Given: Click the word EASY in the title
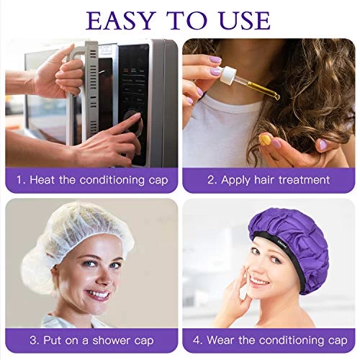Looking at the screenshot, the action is tap(120, 20).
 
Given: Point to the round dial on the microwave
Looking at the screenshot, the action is tap(132, 122).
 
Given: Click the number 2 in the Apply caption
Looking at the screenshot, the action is tap(211, 180).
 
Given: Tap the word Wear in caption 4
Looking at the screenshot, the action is tap(220, 341).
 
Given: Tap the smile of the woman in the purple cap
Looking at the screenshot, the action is tap(258, 282).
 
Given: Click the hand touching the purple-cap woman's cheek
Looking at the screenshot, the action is tap(236, 288).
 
